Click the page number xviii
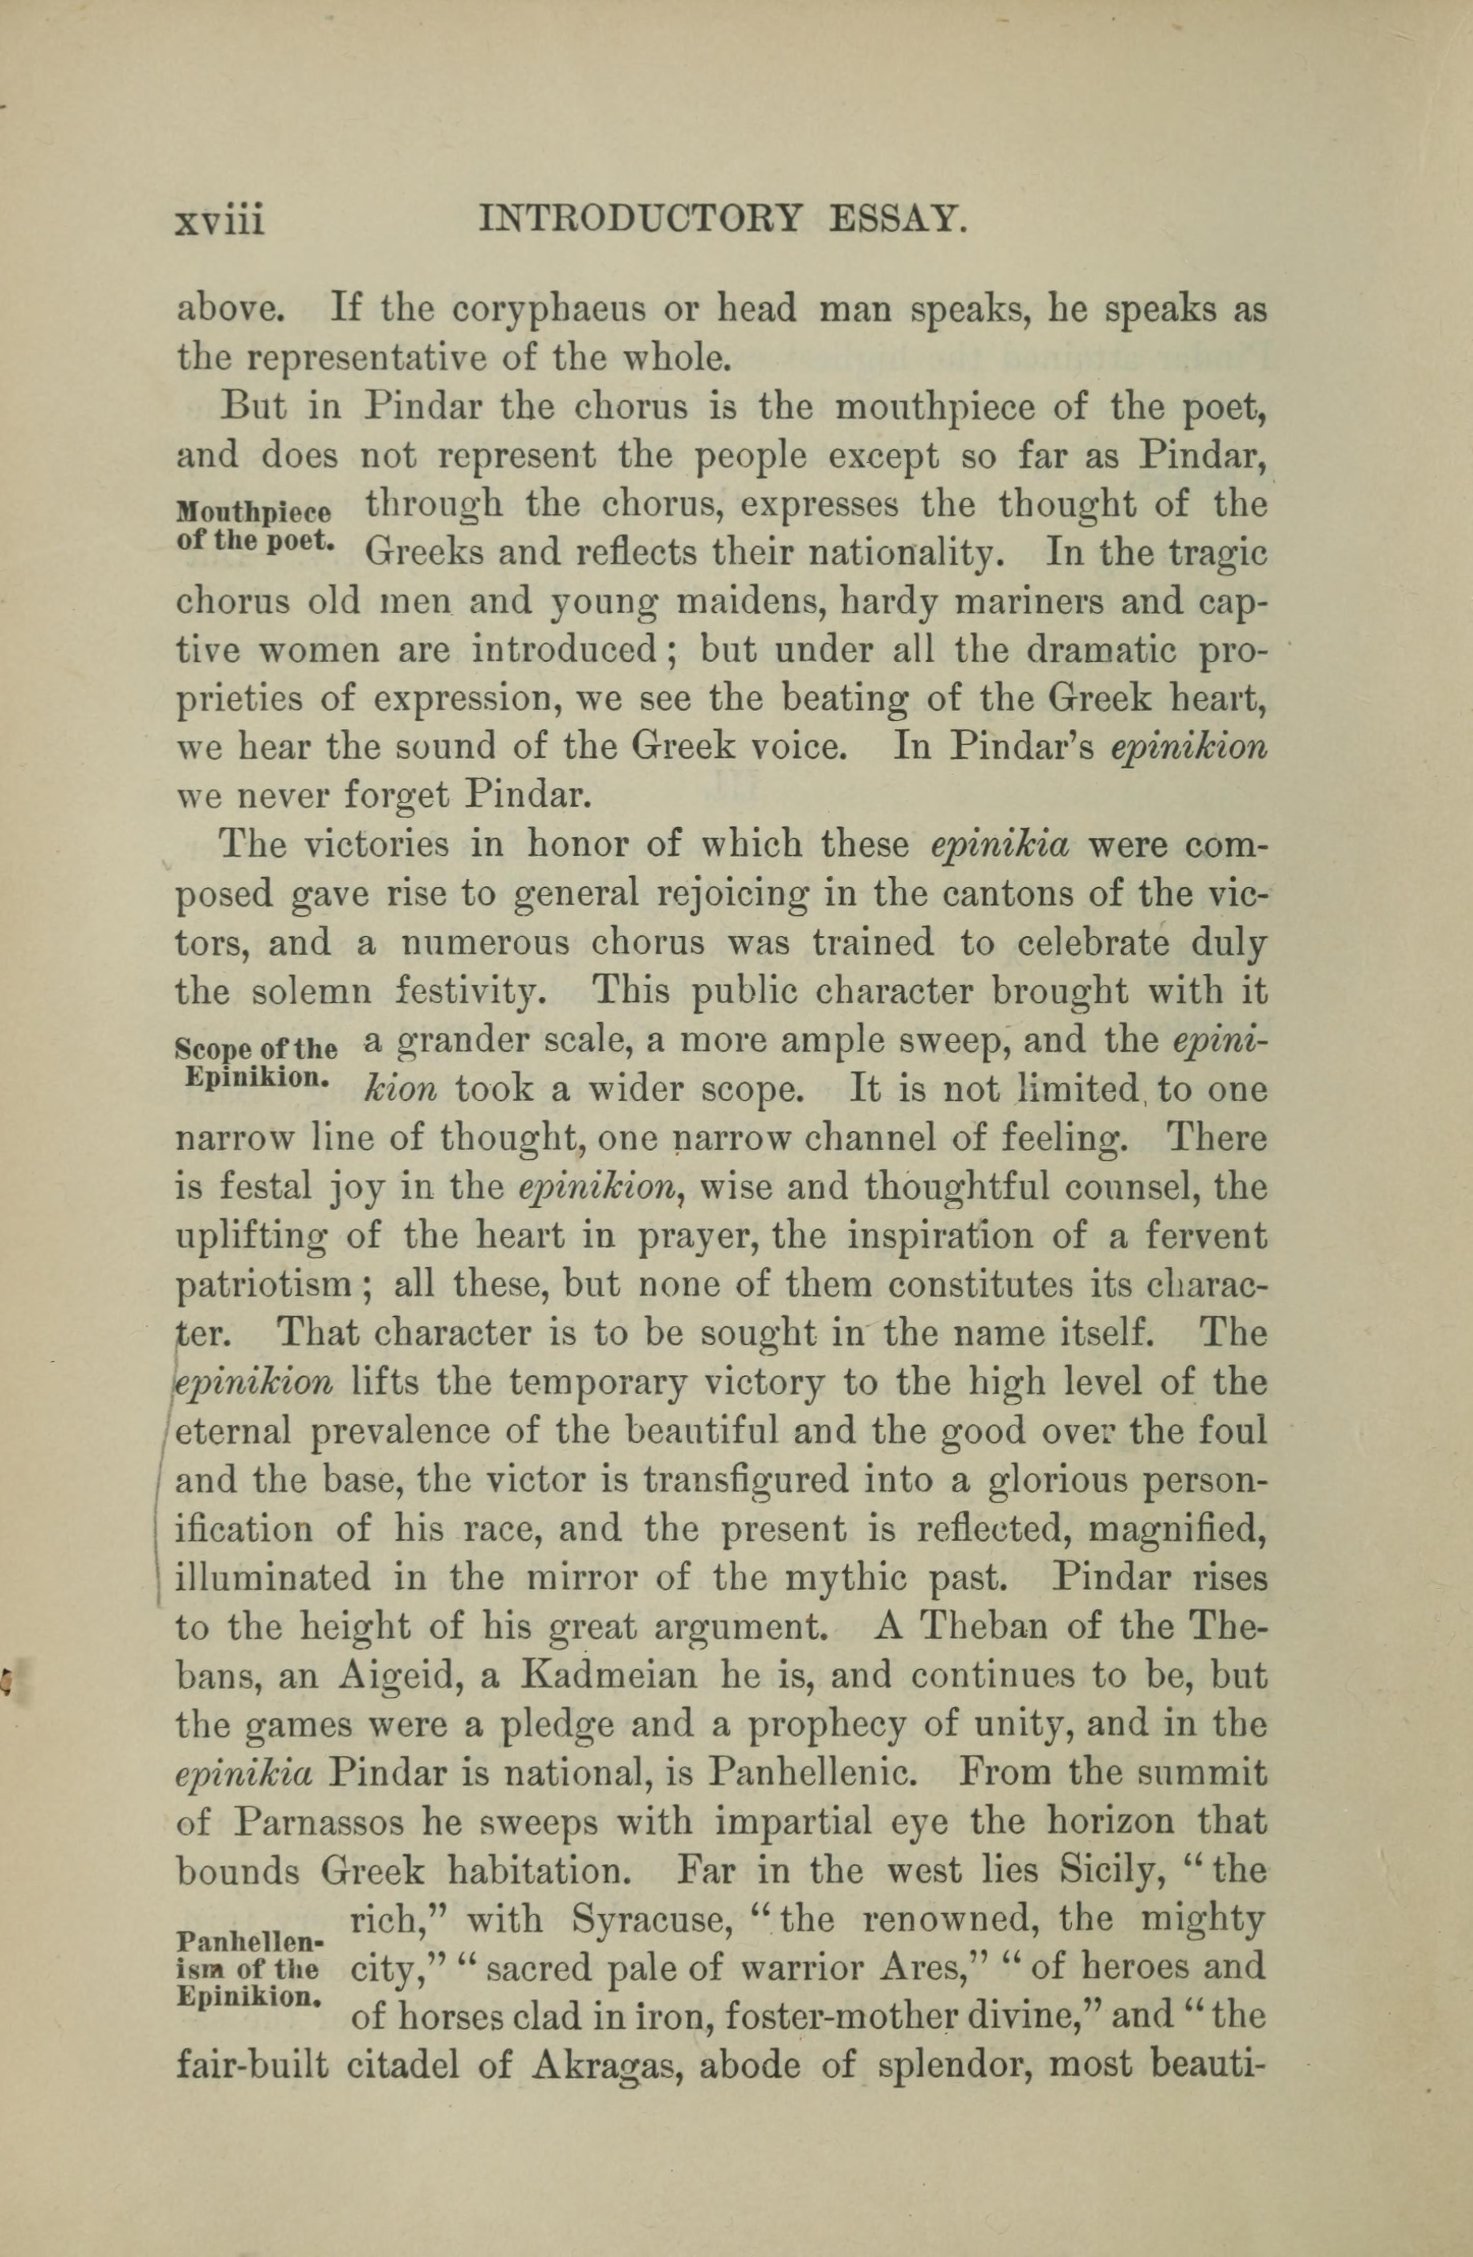pos(220,221)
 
